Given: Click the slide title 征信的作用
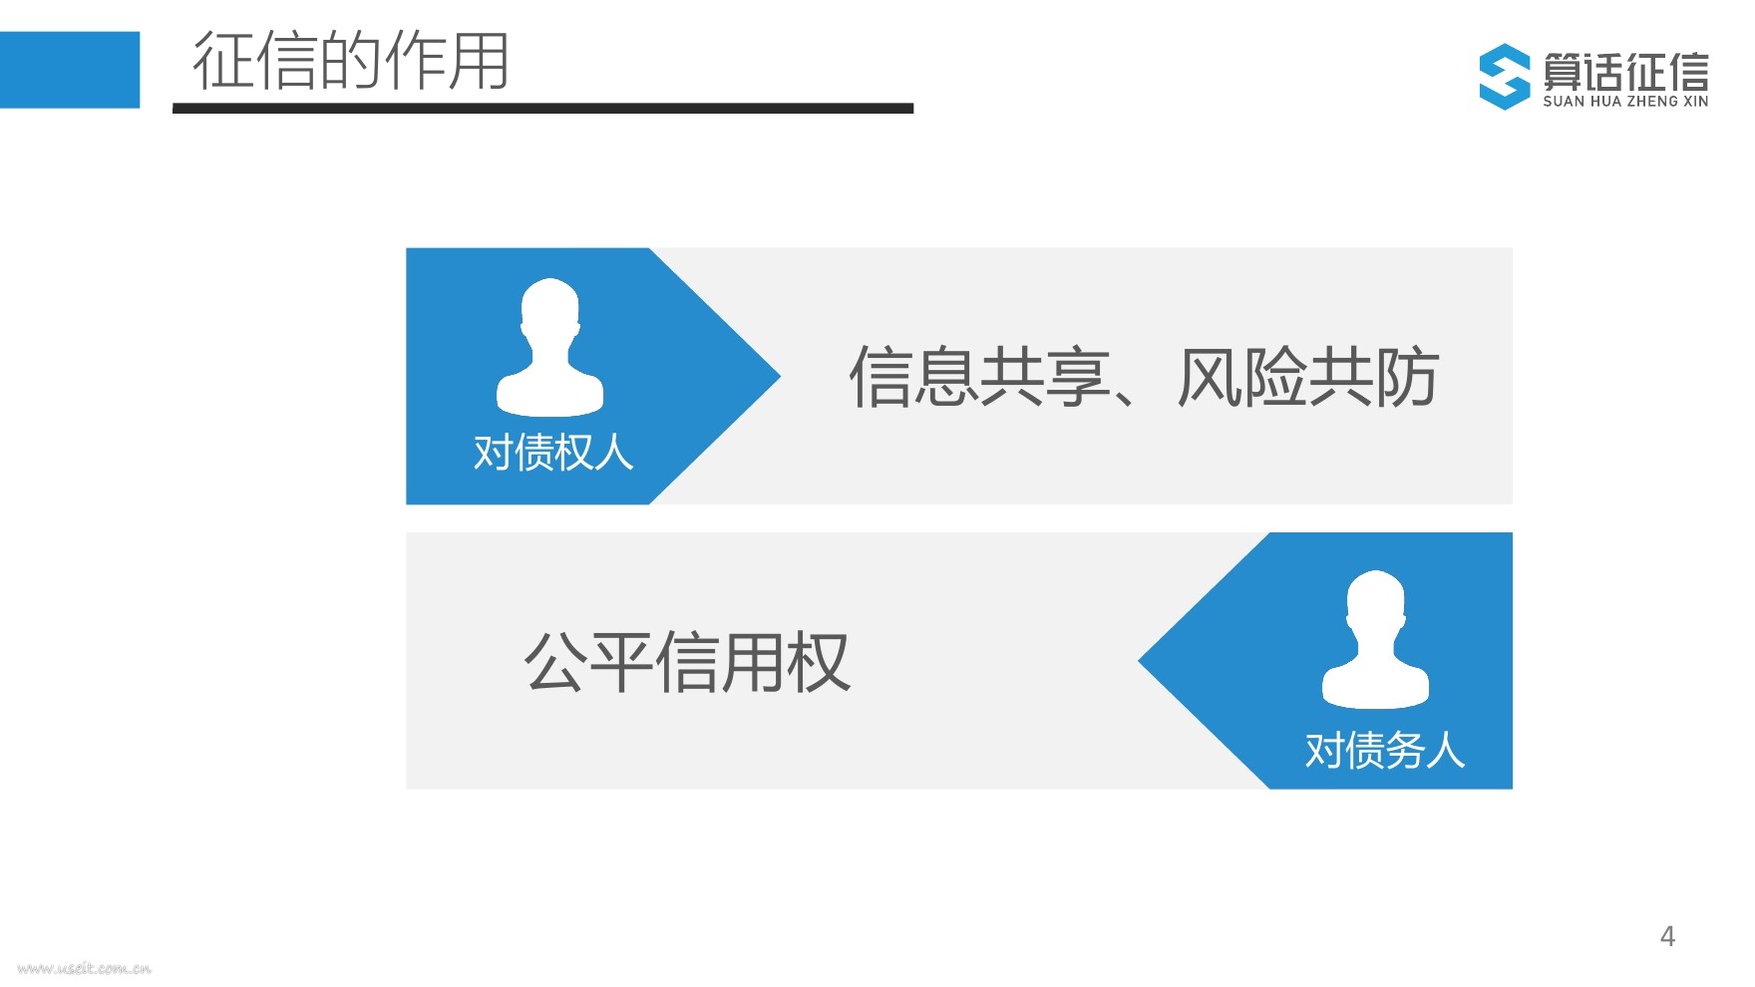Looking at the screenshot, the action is [x=351, y=62].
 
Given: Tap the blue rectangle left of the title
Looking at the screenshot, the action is [x=70, y=70].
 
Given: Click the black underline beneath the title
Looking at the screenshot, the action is [x=542, y=108].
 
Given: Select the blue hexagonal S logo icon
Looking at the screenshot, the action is [x=1504, y=76].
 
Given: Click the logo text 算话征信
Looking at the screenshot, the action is [x=1625, y=70].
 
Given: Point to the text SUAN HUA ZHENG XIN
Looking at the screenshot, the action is [x=1625, y=102].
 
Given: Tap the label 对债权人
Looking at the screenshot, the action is [x=553, y=453].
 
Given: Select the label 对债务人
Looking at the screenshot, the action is [x=1385, y=750].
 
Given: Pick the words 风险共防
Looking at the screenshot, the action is [x=1307, y=377].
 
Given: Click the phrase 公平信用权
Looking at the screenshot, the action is [x=687, y=662].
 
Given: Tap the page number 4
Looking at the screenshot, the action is [x=1667, y=936].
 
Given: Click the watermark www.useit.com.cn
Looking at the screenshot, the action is [x=85, y=967].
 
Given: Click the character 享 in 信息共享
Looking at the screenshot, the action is [x=1078, y=377].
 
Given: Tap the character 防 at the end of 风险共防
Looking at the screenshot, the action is [x=1406, y=377].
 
